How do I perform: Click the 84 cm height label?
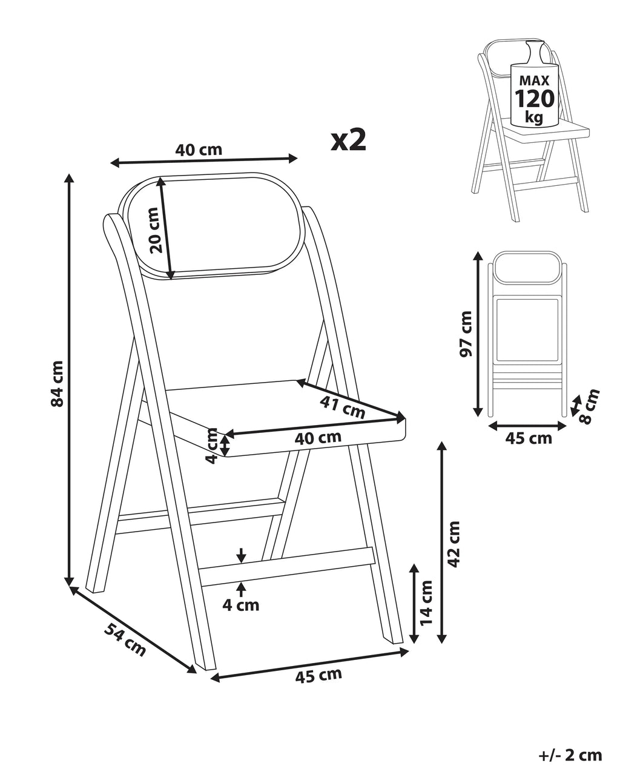[58, 384]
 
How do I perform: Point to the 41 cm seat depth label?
[343, 407]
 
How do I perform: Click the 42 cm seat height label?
[453, 544]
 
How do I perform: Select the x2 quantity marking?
[349, 141]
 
